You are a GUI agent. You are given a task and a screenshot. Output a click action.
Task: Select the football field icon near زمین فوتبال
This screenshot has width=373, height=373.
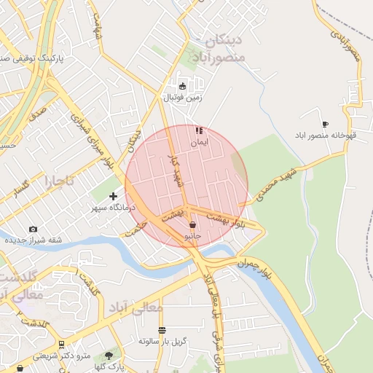(183, 86)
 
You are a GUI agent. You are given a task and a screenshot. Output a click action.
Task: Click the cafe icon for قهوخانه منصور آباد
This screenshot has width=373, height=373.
(325, 124)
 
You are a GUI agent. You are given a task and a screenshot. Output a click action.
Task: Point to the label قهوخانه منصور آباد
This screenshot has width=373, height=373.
(325, 136)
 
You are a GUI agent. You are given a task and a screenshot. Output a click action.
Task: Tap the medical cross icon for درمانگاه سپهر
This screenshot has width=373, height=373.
(113, 196)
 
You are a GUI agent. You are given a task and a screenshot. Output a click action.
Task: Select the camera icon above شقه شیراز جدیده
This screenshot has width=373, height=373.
(33, 229)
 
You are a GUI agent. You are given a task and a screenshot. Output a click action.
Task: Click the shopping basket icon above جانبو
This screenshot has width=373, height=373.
(192, 225)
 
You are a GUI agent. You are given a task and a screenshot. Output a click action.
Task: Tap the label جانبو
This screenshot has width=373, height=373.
(192, 237)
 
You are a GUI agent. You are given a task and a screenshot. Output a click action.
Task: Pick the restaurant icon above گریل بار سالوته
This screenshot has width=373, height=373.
(162, 330)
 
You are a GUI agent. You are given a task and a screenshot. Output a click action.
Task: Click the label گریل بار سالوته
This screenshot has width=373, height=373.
(162, 341)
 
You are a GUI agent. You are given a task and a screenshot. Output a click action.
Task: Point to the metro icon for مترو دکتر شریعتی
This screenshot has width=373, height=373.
(61, 344)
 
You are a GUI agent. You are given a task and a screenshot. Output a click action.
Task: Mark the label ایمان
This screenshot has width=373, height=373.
(199, 143)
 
